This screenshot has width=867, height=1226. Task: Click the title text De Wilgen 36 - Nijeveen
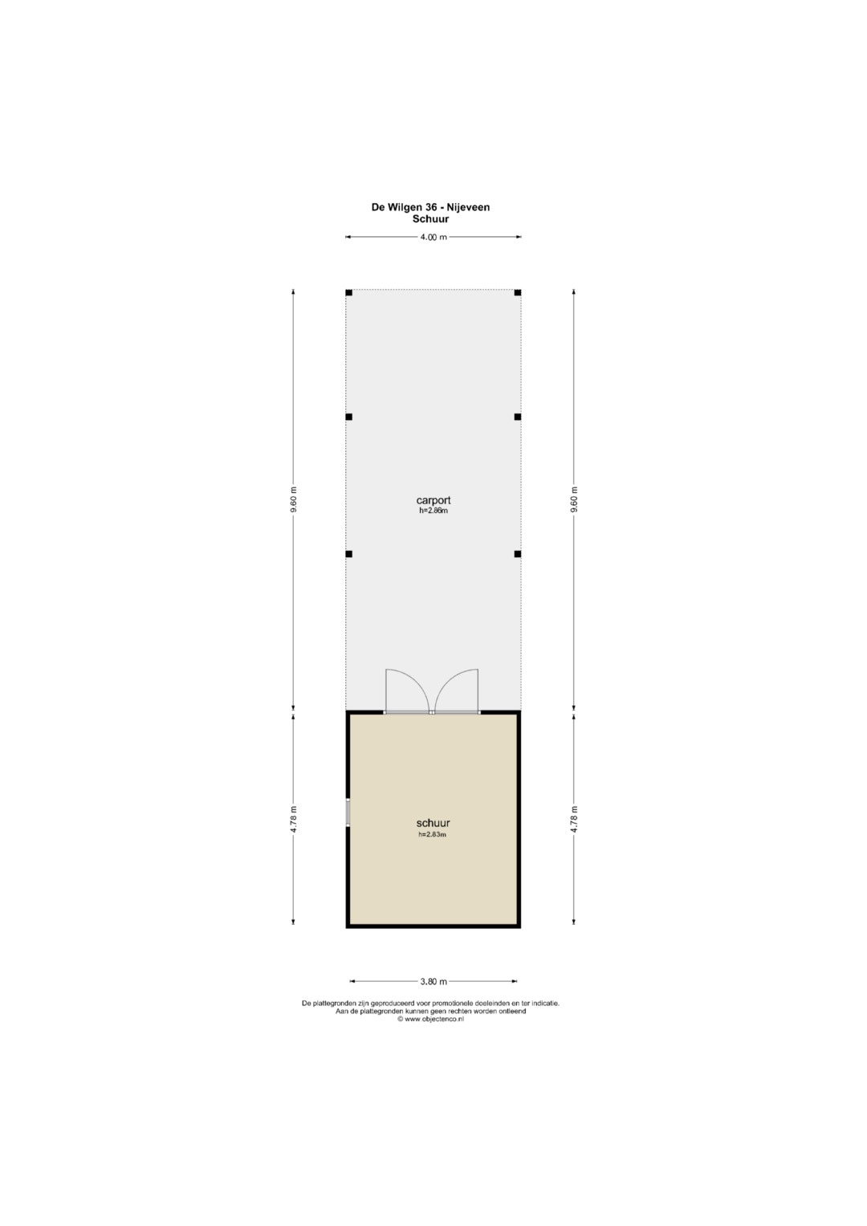point(430,207)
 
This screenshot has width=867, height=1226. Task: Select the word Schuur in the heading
point(430,219)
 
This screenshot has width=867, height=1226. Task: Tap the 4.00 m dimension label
point(433,237)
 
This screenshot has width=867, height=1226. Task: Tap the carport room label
point(433,500)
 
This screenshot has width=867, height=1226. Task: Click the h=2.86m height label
point(433,511)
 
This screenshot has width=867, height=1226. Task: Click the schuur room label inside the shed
point(433,823)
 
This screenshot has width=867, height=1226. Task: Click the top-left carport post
point(348,292)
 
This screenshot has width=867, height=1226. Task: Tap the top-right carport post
point(518,292)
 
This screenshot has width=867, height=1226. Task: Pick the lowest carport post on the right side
point(518,554)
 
